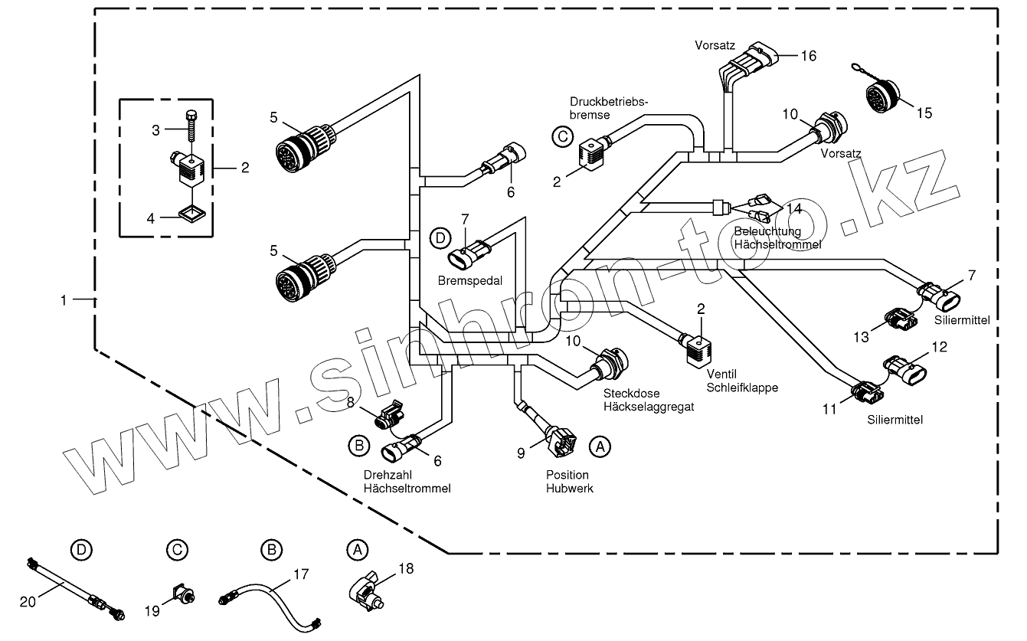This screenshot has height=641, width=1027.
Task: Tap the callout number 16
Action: (809, 56)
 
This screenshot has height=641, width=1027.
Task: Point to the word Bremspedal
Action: (470, 281)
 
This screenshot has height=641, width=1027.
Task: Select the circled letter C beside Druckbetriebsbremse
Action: (561, 136)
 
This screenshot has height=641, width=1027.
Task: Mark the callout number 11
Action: (829, 409)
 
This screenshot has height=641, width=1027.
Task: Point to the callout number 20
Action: (28, 603)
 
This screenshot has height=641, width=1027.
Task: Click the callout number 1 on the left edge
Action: (64, 301)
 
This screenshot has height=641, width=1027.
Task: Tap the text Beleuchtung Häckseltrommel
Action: (777, 237)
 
